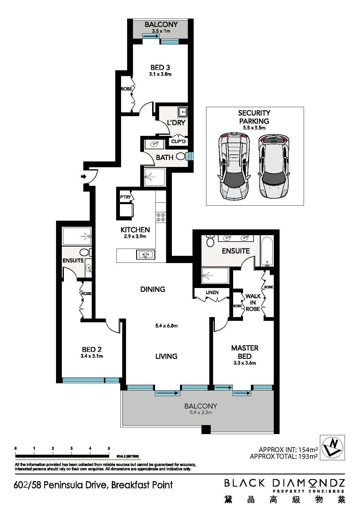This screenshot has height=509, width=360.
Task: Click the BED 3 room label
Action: tap(160, 67)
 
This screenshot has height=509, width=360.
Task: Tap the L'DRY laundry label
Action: tap(176, 123)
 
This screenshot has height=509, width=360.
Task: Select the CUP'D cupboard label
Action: tap(178, 142)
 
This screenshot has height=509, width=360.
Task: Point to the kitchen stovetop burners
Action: tap(161, 217)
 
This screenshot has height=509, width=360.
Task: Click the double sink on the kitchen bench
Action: tap(146, 255)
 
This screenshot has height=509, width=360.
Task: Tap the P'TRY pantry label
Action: tap(125, 197)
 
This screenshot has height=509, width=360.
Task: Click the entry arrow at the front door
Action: tap(84, 176)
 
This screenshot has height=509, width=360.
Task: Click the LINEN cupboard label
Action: tap(212, 292)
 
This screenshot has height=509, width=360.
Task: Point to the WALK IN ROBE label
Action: tap(253, 303)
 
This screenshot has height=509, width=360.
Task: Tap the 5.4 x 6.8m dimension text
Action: tap(166, 326)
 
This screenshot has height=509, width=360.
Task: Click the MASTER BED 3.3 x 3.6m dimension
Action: tap(244, 363)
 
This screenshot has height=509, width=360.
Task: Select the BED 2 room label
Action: tap(92, 349)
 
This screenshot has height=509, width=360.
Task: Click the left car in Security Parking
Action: tap(234, 167)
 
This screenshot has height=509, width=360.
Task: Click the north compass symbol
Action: tap(332, 447)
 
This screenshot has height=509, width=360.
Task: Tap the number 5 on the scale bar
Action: tap(109, 448)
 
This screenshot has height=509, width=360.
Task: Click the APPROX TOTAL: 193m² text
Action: tap(284, 456)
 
